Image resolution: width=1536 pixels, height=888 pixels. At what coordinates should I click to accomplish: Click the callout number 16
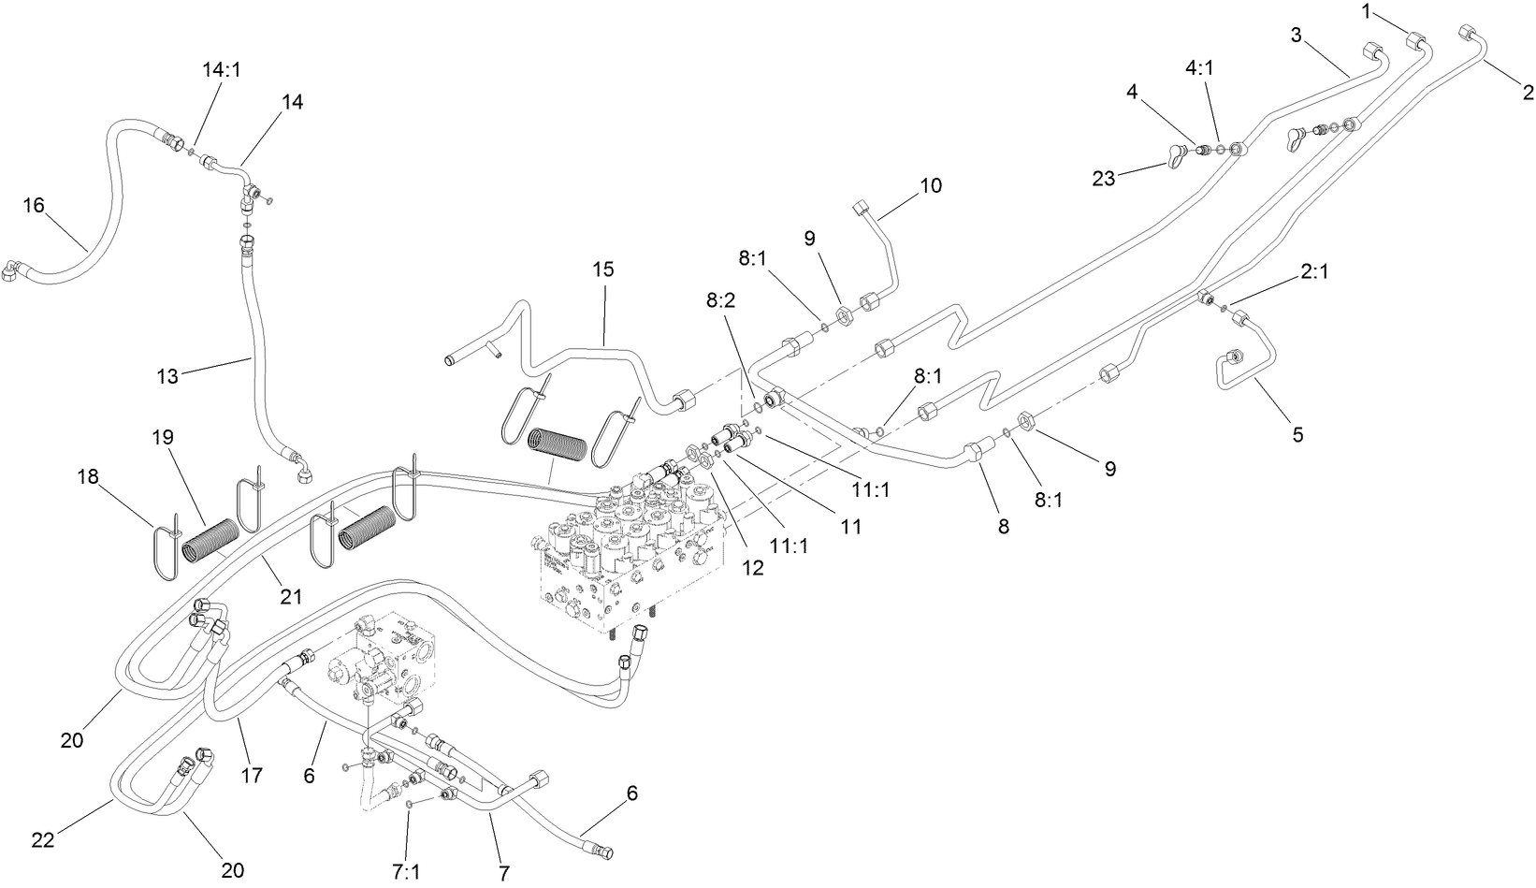click(x=34, y=205)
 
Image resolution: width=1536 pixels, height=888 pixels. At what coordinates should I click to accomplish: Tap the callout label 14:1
click(x=222, y=69)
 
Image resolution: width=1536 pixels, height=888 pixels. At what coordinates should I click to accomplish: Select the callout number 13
click(x=167, y=376)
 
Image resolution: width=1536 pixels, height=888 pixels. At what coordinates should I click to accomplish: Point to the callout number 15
click(x=603, y=269)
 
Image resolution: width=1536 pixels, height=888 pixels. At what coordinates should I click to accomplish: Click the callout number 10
click(x=931, y=184)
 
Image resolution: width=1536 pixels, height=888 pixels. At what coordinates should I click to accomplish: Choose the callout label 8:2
click(x=721, y=301)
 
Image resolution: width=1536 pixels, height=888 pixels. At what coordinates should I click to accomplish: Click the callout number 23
click(x=1104, y=178)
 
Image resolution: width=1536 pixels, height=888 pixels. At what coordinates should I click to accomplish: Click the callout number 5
click(x=1297, y=434)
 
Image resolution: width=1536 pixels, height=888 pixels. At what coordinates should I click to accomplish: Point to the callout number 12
click(x=753, y=567)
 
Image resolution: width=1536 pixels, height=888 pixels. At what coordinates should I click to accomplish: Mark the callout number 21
click(x=292, y=595)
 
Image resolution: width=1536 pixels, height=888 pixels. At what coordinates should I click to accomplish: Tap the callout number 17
click(x=252, y=775)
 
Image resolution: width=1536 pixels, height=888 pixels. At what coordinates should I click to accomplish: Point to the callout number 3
click(x=1297, y=36)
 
